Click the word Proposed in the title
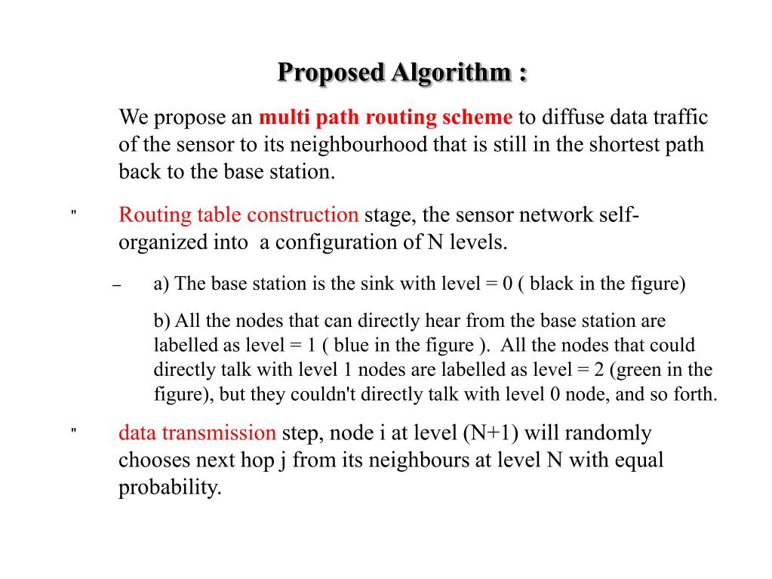330,73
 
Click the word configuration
361,243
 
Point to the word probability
170,488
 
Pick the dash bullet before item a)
116,287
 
